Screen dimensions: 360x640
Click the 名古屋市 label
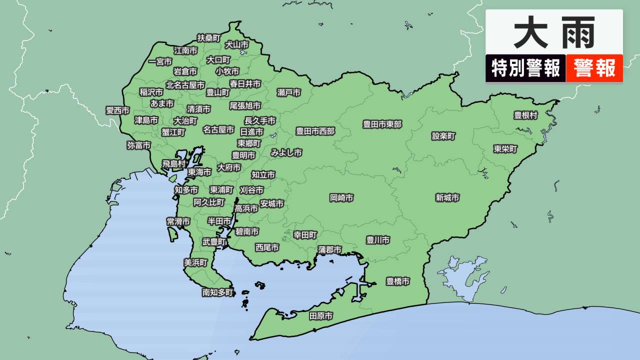click(218, 129)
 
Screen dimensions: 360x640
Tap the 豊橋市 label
click(397, 281)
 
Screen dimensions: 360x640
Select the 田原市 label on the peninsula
click(320, 316)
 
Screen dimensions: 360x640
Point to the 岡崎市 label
click(341, 198)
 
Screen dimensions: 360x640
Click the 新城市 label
click(447, 198)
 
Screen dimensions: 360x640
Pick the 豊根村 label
click(525, 115)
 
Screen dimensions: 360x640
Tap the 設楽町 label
click(443, 136)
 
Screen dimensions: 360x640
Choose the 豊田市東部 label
click(382, 124)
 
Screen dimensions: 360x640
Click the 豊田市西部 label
click(315, 131)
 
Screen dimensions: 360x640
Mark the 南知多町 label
click(217, 292)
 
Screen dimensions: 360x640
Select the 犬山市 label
click(236, 44)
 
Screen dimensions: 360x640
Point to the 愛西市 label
click(117, 110)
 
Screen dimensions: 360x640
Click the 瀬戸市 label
click(289, 92)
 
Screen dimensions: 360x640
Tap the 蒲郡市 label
click(330, 249)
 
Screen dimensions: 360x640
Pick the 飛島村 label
click(173, 164)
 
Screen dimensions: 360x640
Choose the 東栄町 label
click(505, 149)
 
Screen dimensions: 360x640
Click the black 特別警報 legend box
click(525, 68)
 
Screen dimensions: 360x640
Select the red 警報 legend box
click(594, 68)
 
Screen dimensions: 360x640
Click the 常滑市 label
click(178, 221)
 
